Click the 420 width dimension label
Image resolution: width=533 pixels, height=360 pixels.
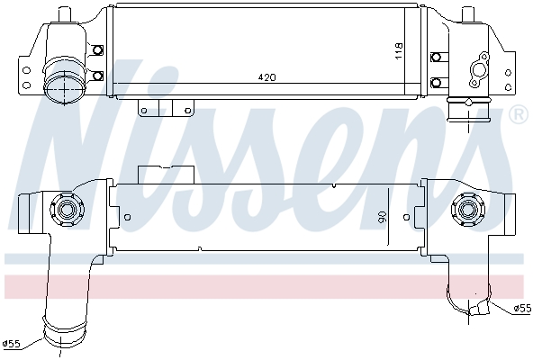(266, 77)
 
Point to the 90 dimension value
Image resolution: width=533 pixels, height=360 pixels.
(381, 217)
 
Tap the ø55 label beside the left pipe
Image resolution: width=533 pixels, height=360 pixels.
(12, 343)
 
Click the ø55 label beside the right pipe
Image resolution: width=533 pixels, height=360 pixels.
(521, 309)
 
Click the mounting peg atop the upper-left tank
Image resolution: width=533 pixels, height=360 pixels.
(64, 14)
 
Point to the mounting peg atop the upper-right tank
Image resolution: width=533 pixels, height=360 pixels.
(468, 15)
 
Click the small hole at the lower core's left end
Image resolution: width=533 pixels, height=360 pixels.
(127, 216)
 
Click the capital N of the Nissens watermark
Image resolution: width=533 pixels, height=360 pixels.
(77, 135)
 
